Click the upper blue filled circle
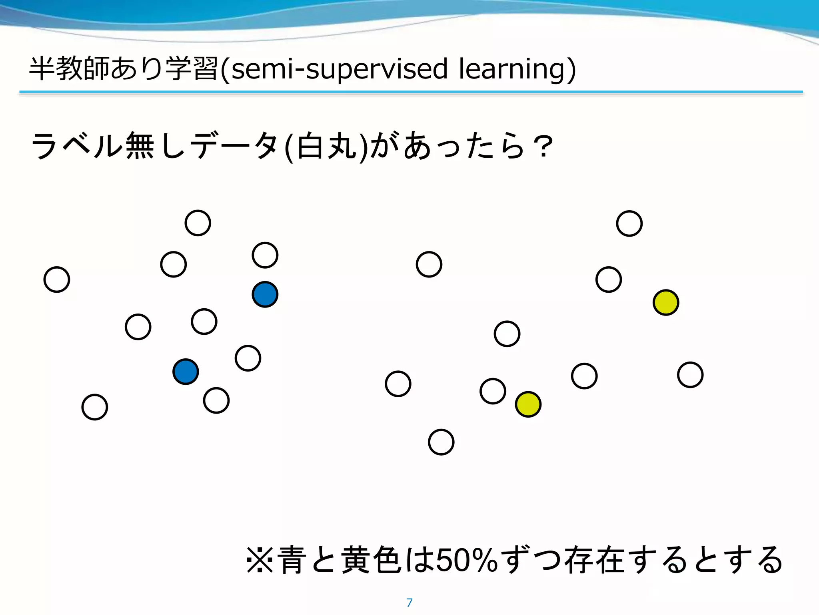point(265,294)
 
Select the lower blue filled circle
point(186,372)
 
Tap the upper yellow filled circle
point(666,302)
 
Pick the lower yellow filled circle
point(528,404)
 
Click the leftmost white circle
point(57,279)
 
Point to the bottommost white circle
point(441,442)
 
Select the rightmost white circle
point(690,375)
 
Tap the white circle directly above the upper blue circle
point(265,255)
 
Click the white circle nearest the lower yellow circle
point(493,391)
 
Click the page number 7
point(409,603)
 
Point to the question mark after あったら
point(543,147)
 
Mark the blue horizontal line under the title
point(411,92)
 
